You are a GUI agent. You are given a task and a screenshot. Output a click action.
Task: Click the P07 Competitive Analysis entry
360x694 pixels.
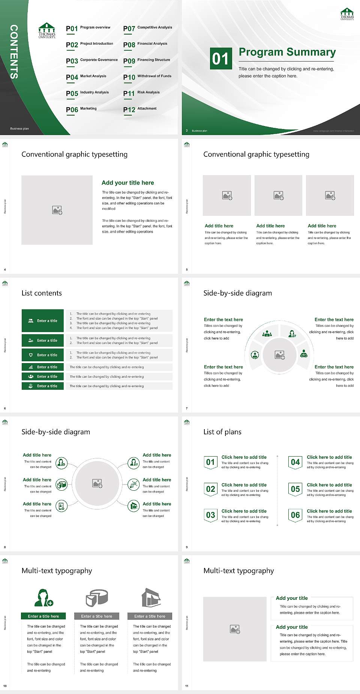pos(148,28)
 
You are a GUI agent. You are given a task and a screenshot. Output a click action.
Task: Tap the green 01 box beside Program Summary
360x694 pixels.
pos(220,59)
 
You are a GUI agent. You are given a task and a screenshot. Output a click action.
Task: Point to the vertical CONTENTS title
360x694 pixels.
pos(14,52)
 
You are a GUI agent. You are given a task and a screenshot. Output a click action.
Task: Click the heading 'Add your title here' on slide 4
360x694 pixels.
pos(127,183)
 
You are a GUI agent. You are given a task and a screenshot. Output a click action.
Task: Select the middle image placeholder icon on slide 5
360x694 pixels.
pos(278,195)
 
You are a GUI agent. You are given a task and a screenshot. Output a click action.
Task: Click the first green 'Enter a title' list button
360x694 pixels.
pos(43,321)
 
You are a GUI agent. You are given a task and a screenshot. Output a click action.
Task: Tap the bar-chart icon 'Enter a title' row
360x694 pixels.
pos(43,367)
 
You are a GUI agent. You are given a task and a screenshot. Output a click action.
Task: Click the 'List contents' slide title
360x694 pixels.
pos(42,293)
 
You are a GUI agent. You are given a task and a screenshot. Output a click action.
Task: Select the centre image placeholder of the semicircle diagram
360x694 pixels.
pos(280,355)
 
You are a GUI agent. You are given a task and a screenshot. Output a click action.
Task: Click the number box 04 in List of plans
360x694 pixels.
pos(295,462)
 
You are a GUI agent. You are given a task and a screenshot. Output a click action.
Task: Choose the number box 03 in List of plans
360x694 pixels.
pos(211,515)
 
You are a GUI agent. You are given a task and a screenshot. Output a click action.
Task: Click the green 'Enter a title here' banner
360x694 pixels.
pos(43,616)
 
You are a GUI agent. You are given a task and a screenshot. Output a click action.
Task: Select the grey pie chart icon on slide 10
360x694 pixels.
pos(97,598)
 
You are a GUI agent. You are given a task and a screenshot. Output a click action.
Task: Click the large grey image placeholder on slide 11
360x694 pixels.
pos(235,629)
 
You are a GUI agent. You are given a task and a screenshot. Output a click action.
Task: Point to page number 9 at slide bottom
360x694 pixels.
pos(187,547)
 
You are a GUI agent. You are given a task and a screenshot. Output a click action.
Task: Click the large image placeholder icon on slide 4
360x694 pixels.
pos(57,210)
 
